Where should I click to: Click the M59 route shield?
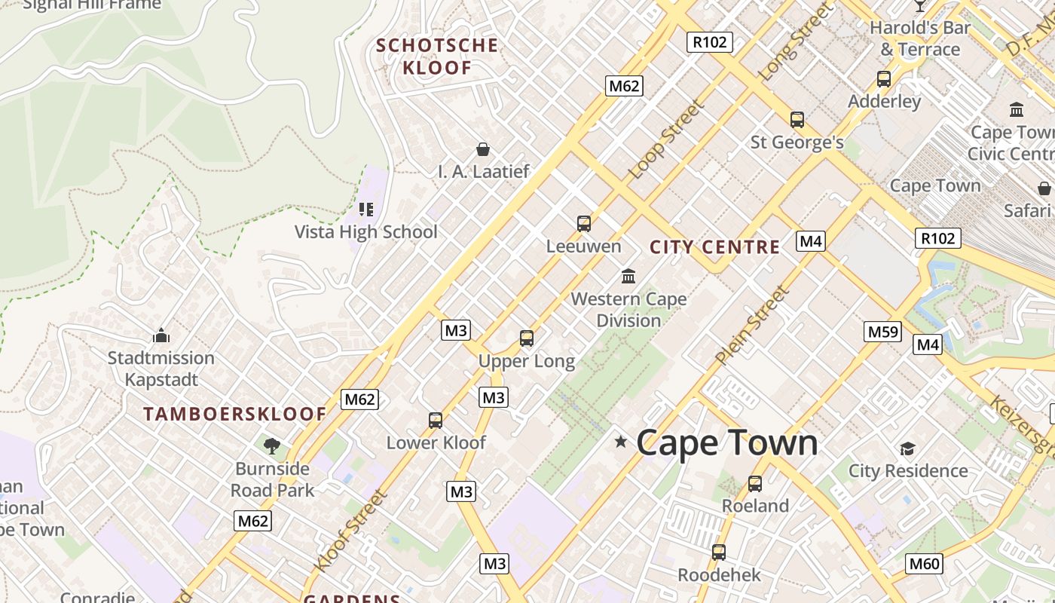tap(882, 332)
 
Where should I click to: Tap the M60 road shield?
tap(924, 563)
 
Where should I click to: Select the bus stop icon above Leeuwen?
tap(584, 223)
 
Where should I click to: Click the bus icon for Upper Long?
tap(527, 338)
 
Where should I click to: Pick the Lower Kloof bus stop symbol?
tap(436, 420)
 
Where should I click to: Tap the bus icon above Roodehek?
tap(719, 552)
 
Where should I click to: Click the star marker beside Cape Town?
tap(621, 442)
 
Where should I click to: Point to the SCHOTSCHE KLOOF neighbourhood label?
tap(437, 57)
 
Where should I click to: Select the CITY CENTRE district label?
tap(714, 247)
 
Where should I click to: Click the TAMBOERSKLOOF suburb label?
tap(235, 414)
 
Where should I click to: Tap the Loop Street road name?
tap(666, 140)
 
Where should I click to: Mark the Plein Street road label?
tap(751, 326)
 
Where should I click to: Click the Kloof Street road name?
tap(350, 531)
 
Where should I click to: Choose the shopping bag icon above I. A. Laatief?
tap(483, 149)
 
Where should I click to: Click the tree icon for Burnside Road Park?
tap(272, 446)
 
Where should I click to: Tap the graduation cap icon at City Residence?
tap(907, 449)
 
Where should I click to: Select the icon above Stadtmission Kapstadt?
tap(161, 335)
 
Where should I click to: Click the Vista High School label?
tap(365, 231)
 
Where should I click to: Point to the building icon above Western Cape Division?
tap(628, 276)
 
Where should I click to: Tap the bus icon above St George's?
tap(797, 119)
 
